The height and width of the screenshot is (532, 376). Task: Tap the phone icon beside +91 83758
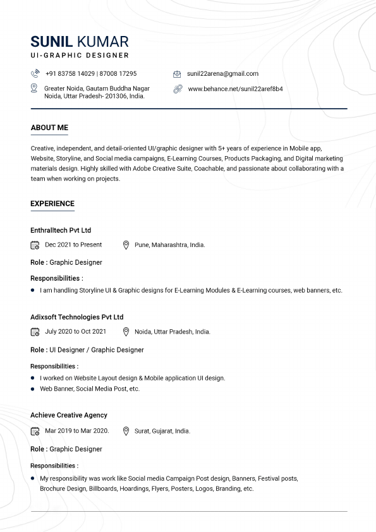tap(35, 74)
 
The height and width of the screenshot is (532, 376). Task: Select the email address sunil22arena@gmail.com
tap(222, 74)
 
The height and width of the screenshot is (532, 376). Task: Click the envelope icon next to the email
tap(177, 74)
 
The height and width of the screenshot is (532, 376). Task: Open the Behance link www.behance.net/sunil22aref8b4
tap(235, 89)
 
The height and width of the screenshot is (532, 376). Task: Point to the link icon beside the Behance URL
tap(178, 89)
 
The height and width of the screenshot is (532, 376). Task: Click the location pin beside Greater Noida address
tap(35, 88)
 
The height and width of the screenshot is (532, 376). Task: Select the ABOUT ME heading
tap(49, 128)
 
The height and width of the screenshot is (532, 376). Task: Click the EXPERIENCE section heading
tap(52, 203)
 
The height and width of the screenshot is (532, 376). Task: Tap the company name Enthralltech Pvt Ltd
tap(61, 231)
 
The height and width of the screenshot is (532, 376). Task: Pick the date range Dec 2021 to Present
tap(73, 245)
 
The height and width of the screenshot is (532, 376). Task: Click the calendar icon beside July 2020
tap(35, 332)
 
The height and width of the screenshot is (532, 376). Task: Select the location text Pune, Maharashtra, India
tap(169, 245)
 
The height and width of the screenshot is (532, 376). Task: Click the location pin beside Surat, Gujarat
tap(126, 431)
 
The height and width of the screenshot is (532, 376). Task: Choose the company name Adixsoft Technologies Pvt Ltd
tap(76, 317)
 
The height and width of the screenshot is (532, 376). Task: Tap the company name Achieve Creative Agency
tap(69, 415)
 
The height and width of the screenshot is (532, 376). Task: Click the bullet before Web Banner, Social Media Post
tap(32, 389)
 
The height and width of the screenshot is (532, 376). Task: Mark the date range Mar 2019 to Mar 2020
tap(76, 431)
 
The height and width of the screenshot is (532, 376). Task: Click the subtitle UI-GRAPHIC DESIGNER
tap(80, 56)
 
